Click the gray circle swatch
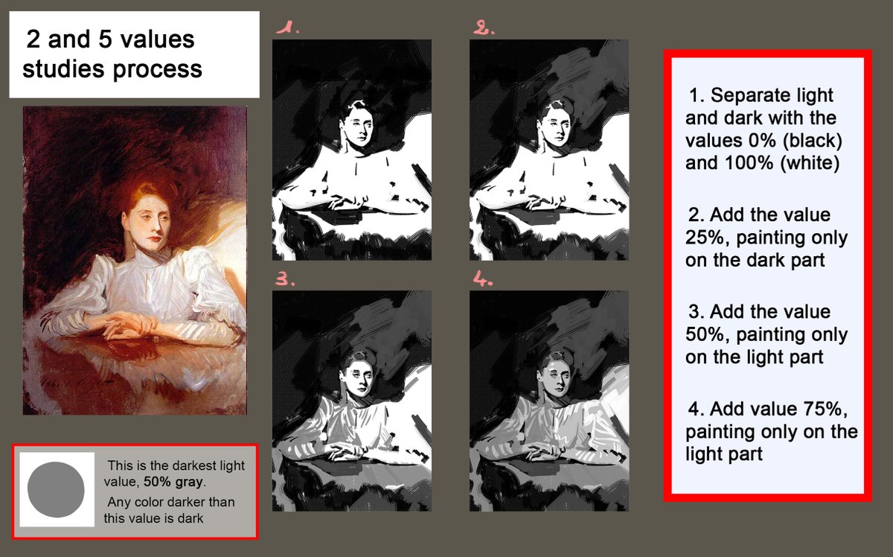pos(56,489)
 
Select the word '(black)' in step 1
pos(810,140)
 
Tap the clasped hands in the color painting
pos(127,326)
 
